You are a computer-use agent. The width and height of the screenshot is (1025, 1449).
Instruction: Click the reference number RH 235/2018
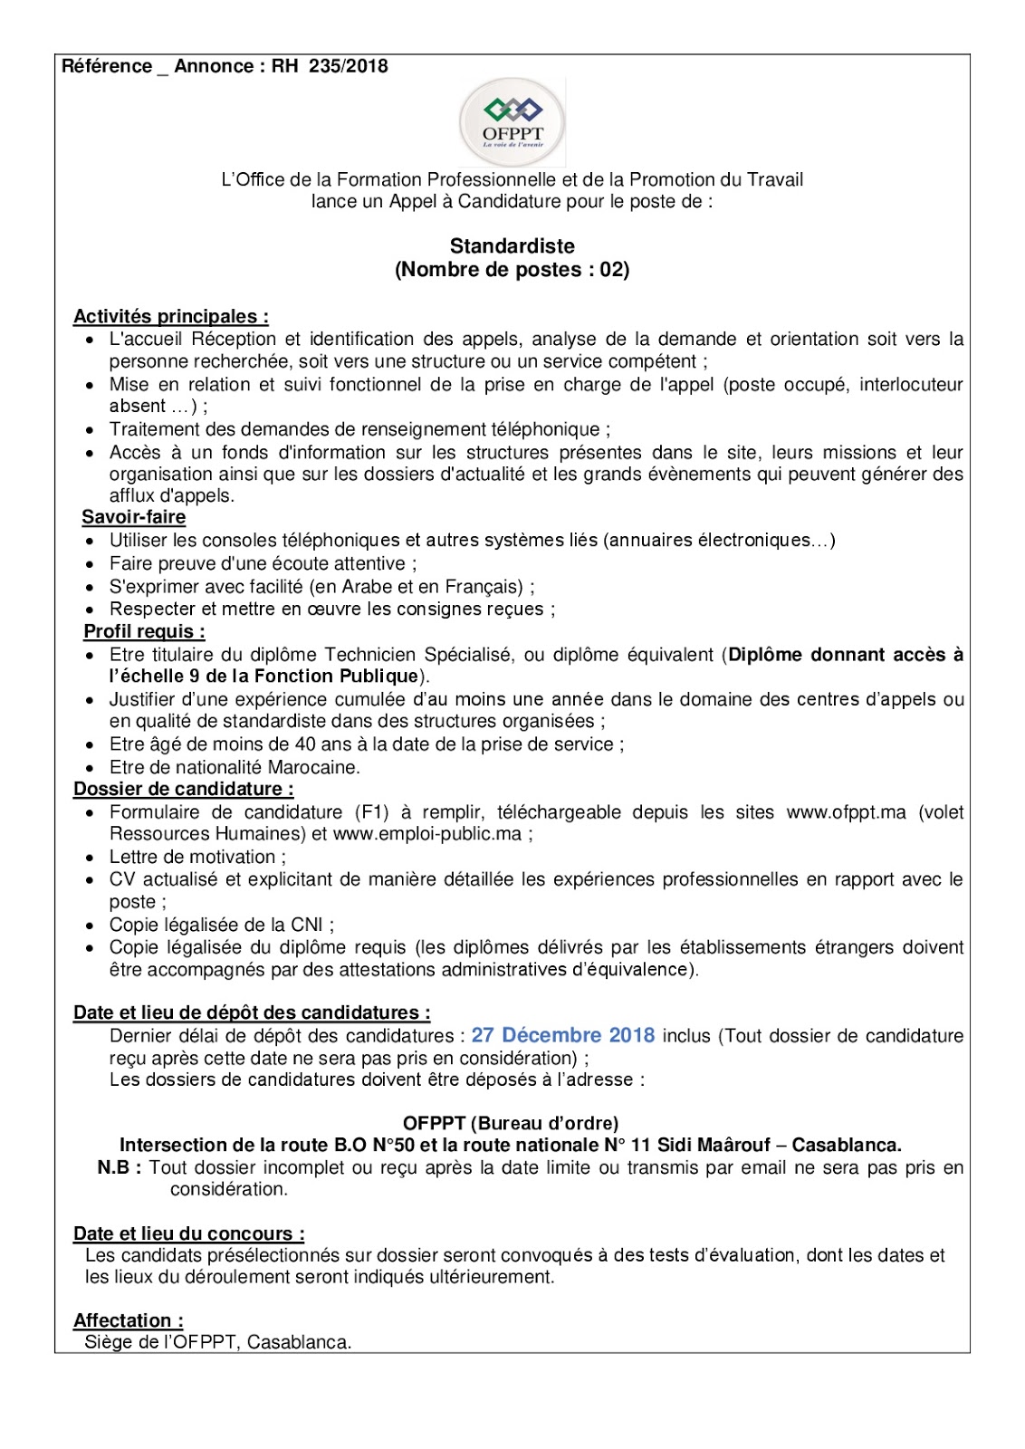tap(330, 66)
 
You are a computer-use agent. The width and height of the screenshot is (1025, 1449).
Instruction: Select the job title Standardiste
tap(512, 246)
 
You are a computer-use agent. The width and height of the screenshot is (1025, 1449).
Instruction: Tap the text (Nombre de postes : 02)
tap(512, 270)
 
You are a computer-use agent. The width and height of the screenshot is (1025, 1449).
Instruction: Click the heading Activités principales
tap(170, 317)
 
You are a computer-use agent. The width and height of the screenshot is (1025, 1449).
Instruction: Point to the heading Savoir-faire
tap(133, 518)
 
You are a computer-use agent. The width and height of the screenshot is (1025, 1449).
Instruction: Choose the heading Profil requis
tap(144, 631)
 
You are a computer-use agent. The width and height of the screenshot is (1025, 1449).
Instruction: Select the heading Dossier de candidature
tap(183, 790)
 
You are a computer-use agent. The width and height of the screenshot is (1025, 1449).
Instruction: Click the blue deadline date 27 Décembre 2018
tap(562, 1035)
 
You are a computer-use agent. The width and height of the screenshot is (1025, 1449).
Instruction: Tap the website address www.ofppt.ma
tap(846, 812)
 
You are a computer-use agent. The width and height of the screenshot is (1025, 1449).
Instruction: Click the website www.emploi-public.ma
tap(427, 834)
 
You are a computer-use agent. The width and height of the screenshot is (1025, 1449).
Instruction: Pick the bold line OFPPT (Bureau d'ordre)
tap(511, 1124)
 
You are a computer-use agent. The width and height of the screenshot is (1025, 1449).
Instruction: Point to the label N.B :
tap(119, 1168)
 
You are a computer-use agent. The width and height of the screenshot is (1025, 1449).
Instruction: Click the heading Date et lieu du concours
tap(188, 1233)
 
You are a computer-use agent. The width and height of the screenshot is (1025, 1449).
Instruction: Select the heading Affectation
tap(128, 1320)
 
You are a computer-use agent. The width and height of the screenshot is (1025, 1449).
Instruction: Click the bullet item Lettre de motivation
tap(197, 857)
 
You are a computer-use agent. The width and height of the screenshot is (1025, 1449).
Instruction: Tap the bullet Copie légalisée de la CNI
tap(221, 925)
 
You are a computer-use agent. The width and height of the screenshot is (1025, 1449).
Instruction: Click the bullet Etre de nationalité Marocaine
tap(235, 767)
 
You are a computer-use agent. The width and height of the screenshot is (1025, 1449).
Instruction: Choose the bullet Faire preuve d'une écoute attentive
tap(263, 563)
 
